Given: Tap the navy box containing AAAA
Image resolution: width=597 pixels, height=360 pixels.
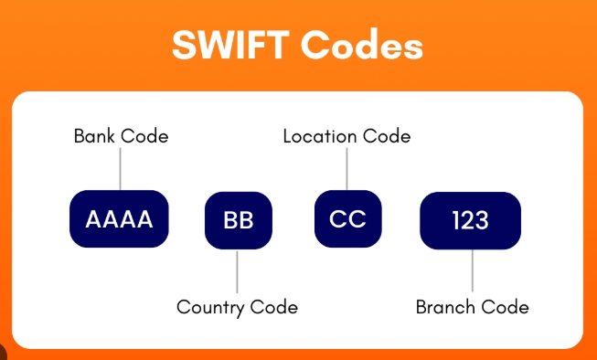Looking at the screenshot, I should tap(120, 219).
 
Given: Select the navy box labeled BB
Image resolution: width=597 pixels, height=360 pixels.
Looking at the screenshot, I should tap(238, 220).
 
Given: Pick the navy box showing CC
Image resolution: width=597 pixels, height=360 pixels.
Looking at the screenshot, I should tap(347, 219).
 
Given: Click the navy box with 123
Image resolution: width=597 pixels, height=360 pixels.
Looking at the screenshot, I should tap(470, 220).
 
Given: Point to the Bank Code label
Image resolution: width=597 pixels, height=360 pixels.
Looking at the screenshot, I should tap(121, 136).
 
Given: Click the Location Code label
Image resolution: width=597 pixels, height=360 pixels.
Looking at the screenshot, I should tap(346, 136).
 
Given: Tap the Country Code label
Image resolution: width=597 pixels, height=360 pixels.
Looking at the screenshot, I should tap(237, 307).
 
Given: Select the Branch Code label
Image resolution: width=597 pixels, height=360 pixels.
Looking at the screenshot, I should tap(472, 307).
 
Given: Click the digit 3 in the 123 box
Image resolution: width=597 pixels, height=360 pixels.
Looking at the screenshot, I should tap(483, 220).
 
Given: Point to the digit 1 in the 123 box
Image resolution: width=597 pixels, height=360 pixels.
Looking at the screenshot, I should tap(456, 220).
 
